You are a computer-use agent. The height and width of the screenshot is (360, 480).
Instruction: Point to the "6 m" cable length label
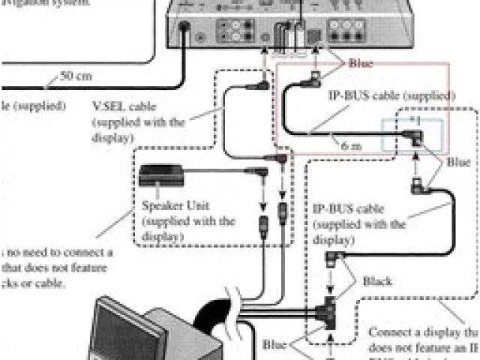[x=351, y=147]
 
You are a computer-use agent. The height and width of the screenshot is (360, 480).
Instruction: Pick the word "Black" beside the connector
[x=378, y=281]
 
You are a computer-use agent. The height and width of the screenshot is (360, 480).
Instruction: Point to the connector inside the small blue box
[x=412, y=136]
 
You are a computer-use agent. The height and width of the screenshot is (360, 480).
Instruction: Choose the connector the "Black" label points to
[x=331, y=260]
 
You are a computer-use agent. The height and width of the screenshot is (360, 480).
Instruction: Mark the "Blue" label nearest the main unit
[x=361, y=64]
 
